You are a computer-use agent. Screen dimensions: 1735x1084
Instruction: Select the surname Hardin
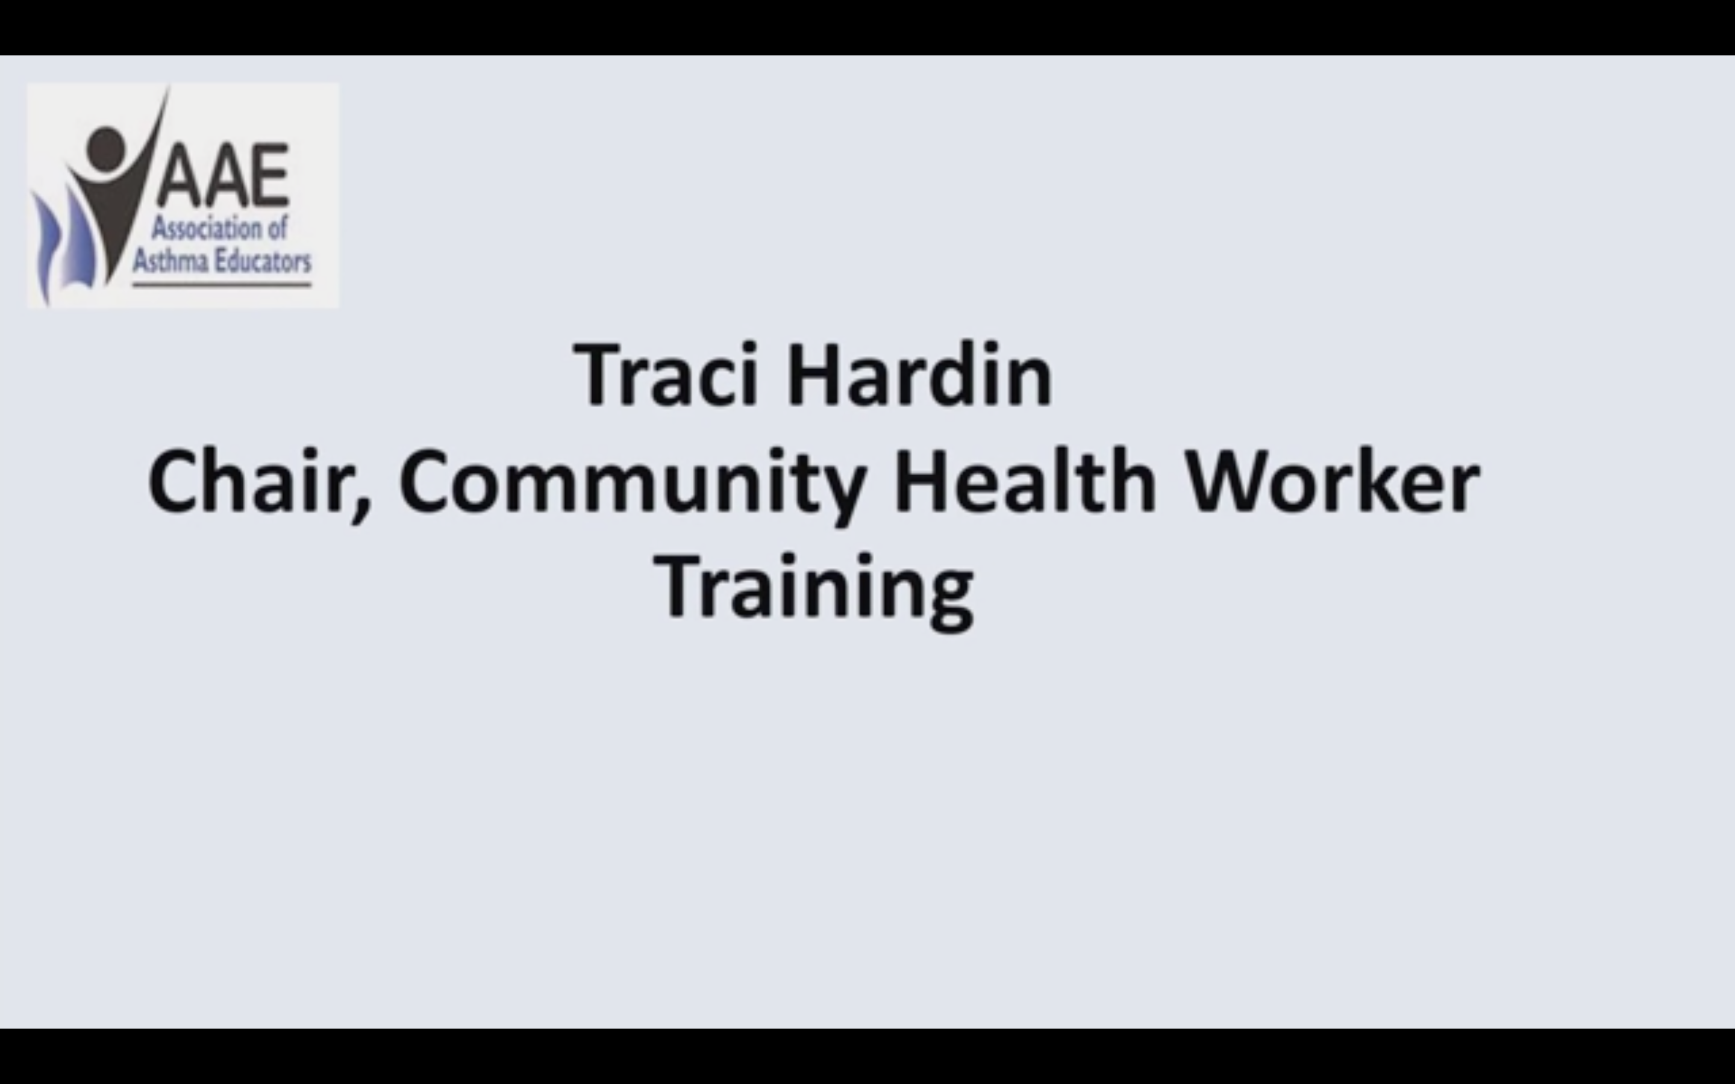(x=920, y=374)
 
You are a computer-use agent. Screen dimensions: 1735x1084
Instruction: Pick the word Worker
(x=1332, y=479)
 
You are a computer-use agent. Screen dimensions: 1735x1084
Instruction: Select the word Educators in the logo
(x=264, y=261)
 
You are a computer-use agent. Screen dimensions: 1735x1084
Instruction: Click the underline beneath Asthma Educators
(x=222, y=285)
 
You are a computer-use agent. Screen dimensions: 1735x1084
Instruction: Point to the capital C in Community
(x=422, y=481)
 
